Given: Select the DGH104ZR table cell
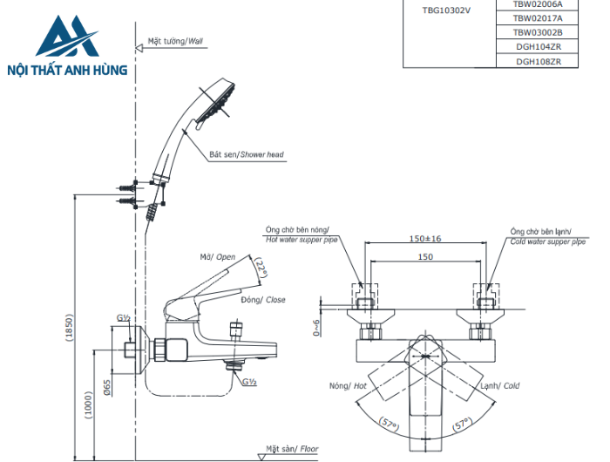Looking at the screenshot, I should [538, 46].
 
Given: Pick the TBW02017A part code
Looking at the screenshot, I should [538, 17].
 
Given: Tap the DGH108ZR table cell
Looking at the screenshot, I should [538, 61].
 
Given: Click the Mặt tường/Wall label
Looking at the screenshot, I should [174, 41].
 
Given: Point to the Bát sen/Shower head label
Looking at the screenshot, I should [246, 154].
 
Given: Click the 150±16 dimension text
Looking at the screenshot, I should [424, 238].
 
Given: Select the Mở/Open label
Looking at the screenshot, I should [218, 257].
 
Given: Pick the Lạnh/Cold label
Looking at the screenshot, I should [500, 384].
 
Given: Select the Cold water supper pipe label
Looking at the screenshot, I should [548, 236].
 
